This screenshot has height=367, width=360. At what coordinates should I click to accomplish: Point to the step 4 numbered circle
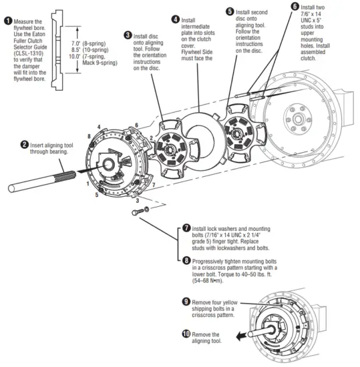pyautogui.click(x=175, y=19)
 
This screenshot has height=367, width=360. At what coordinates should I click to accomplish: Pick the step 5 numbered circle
pyautogui.click(x=230, y=11)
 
